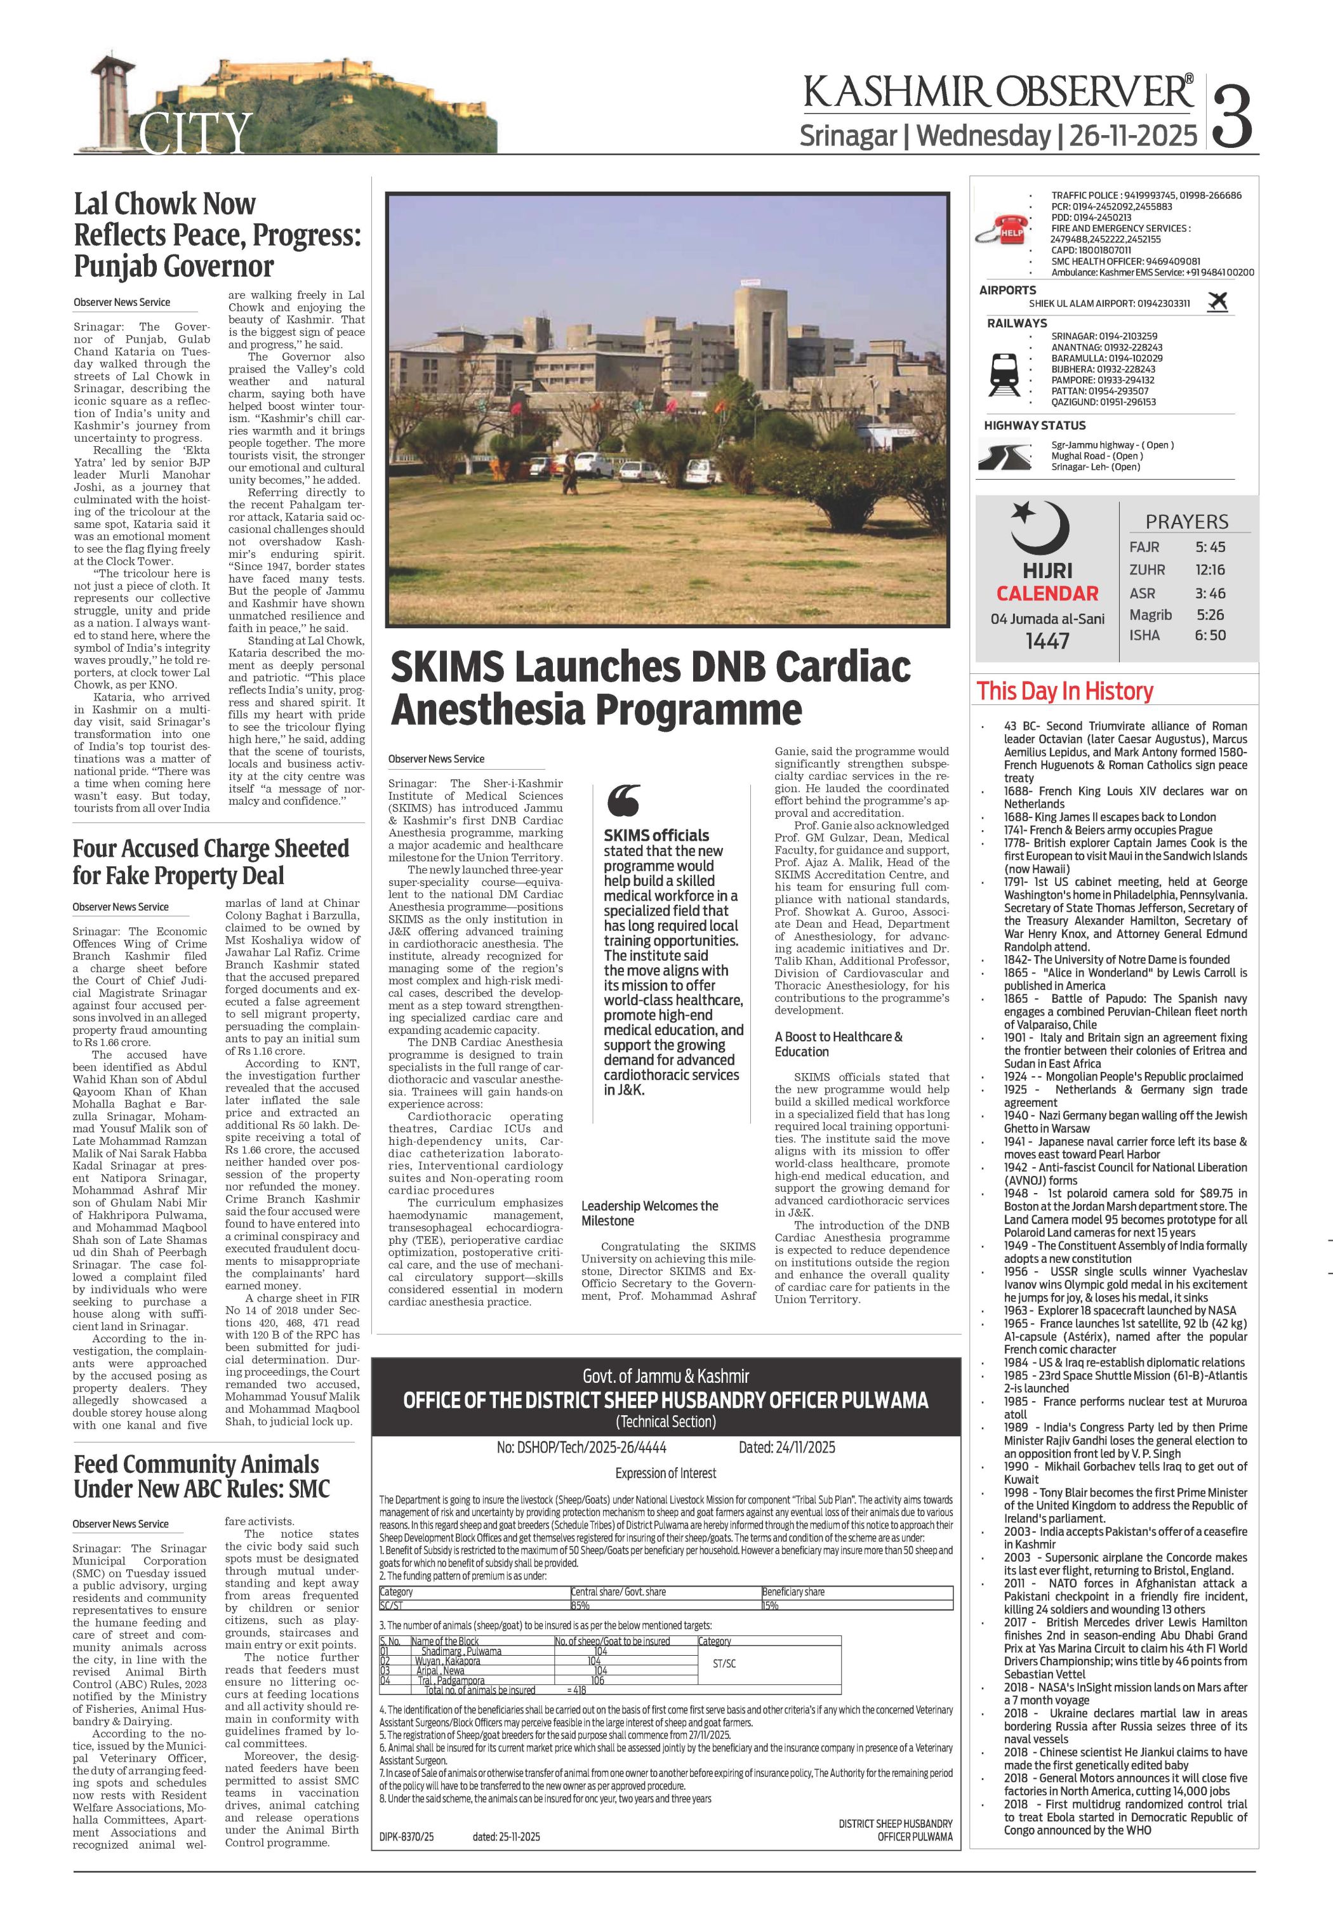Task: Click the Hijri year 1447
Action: tap(1047, 640)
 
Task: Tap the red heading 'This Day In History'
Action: tap(1064, 691)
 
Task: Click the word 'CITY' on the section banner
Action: tap(194, 133)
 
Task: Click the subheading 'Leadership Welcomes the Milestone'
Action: tap(649, 1213)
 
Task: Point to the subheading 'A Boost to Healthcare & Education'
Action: tap(838, 1044)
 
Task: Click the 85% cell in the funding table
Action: tap(580, 1605)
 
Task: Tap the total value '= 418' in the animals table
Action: tap(577, 1690)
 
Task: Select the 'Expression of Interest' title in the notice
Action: tap(665, 1473)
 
